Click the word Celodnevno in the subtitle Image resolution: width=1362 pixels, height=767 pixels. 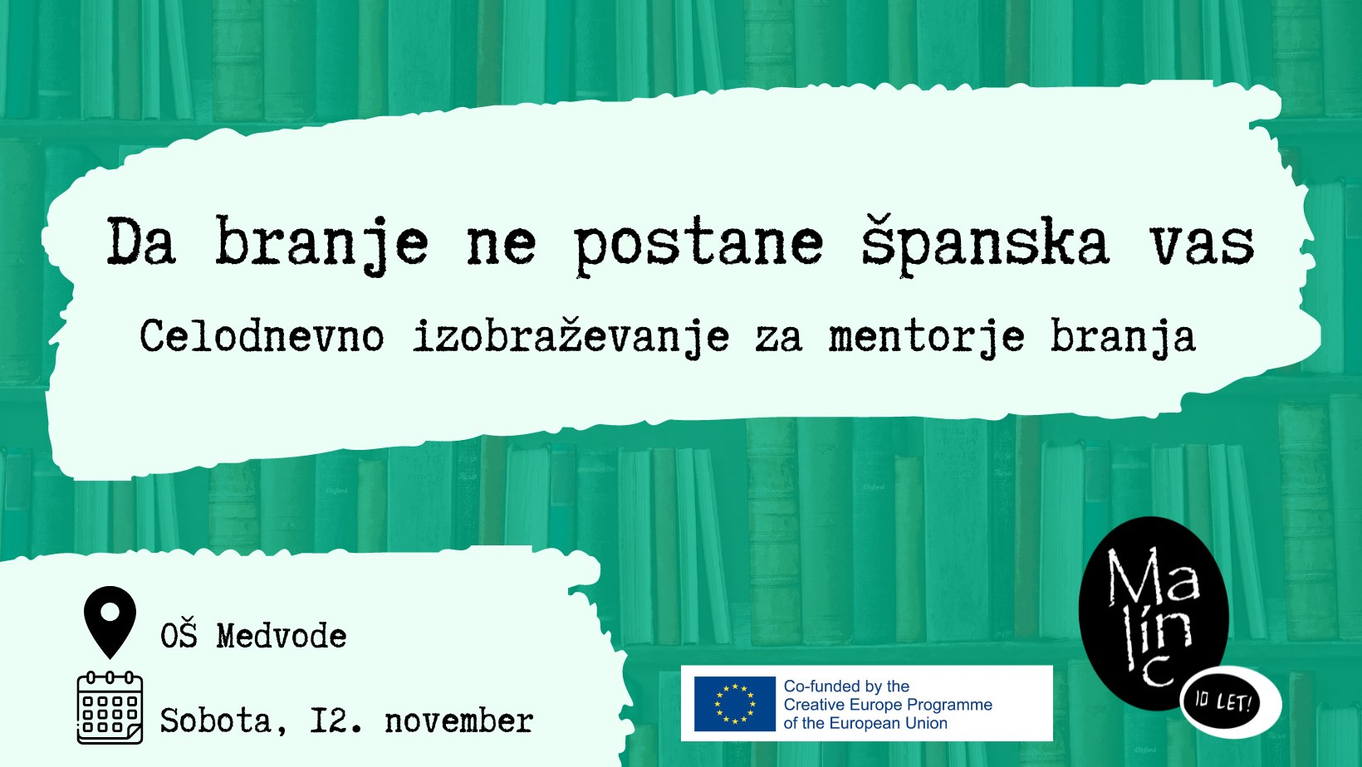[x=262, y=336]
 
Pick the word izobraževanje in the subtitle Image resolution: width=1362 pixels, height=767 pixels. [x=571, y=337]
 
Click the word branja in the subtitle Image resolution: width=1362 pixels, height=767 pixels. [x=1123, y=337]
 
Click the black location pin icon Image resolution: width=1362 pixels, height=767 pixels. [x=110, y=621]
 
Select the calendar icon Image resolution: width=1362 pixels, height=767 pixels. [x=110, y=708]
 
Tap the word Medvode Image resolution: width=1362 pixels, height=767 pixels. [x=282, y=637]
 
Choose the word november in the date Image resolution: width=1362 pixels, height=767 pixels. [x=459, y=721]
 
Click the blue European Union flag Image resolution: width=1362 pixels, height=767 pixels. [x=734, y=704]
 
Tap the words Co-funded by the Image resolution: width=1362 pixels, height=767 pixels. [x=846, y=686]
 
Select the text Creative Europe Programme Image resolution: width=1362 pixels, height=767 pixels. [x=888, y=705]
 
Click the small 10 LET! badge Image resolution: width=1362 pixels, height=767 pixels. [x=1231, y=702]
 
